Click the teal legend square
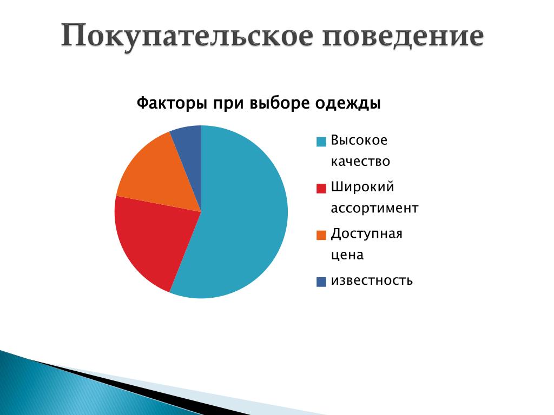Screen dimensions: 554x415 321,142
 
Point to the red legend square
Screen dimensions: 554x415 321,189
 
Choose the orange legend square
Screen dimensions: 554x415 321,235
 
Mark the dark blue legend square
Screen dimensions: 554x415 321,282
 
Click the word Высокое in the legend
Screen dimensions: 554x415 359,140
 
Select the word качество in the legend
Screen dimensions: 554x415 360,162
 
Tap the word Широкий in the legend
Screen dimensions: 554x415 362,186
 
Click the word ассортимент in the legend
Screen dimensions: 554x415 374,209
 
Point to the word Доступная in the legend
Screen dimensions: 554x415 367,234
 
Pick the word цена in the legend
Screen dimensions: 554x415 347,255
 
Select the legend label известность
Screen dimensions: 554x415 372,280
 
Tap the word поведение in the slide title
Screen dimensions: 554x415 403,37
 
